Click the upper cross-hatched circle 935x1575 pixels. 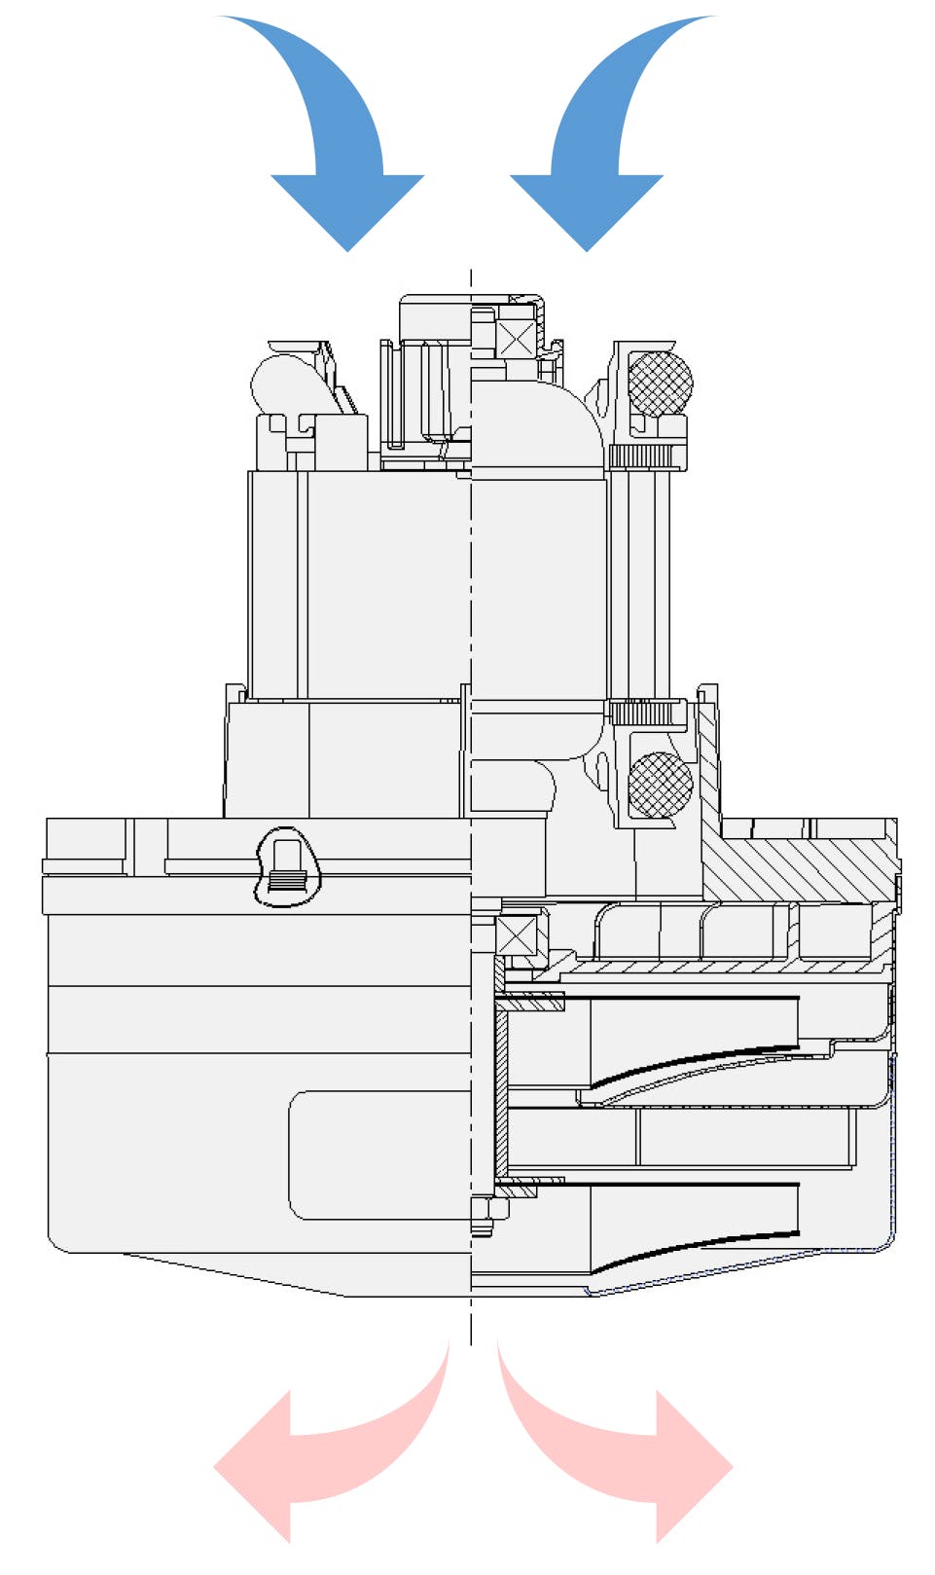[660, 384]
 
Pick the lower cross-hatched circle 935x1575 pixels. [660, 785]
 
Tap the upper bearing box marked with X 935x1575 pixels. [516, 339]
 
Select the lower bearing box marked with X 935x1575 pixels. [516, 936]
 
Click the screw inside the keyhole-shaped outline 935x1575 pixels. [285, 866]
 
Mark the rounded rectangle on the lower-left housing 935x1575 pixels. [379, 1154]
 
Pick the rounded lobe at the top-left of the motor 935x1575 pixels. [282, 385]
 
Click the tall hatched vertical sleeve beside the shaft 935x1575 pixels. [501, 1090]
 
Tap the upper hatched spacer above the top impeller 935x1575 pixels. [530, 1001]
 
